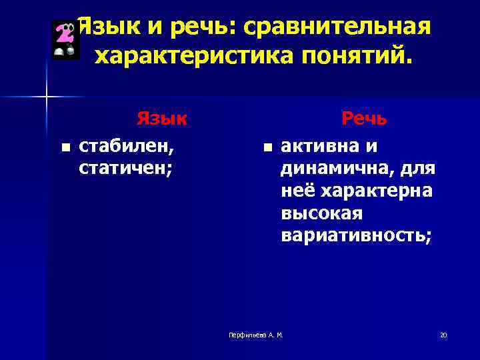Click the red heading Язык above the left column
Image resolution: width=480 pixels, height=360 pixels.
(161, 119)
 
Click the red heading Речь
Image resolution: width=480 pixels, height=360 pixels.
(364, 119)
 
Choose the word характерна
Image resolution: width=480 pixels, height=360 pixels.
(377, 191)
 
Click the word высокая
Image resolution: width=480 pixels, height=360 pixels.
(321, 213)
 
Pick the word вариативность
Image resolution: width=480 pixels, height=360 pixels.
(357, 236)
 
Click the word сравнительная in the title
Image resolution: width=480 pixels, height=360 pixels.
(337, 28)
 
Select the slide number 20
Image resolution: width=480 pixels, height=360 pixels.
(443, 334)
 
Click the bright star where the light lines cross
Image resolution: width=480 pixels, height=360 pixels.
(47, 97)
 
